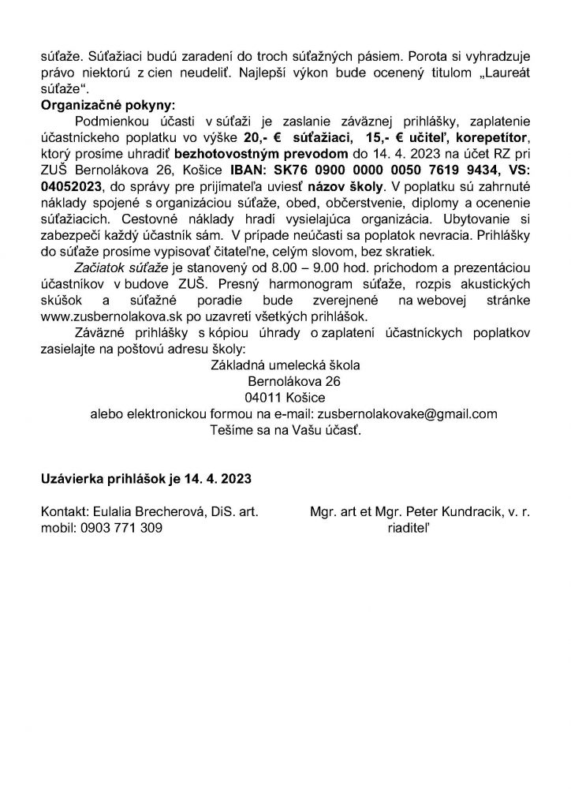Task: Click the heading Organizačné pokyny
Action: pyautogui.click(x=100, y=104)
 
